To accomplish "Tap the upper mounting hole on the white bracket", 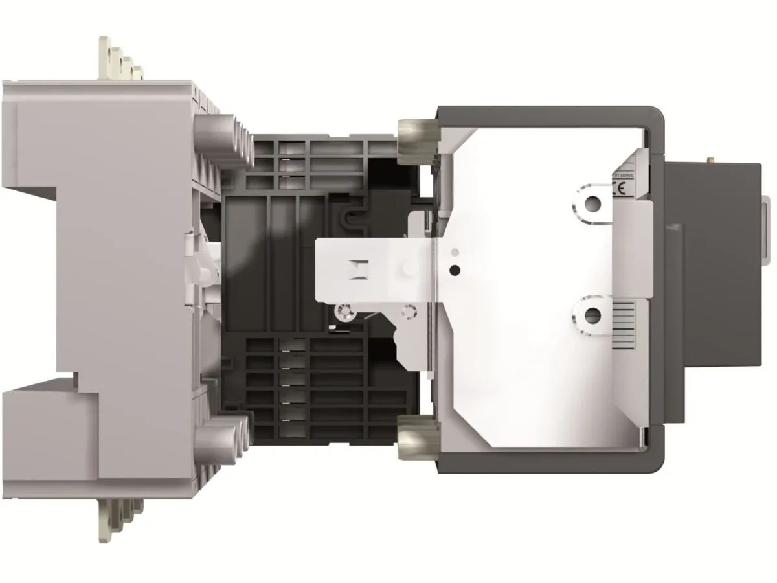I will (591, 205).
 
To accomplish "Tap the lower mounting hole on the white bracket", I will (591, 315).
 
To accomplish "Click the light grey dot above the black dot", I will (456, 251).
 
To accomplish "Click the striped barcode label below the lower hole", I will (625, 324).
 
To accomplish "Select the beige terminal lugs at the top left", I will (120, 62).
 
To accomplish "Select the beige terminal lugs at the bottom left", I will (120, 518).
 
